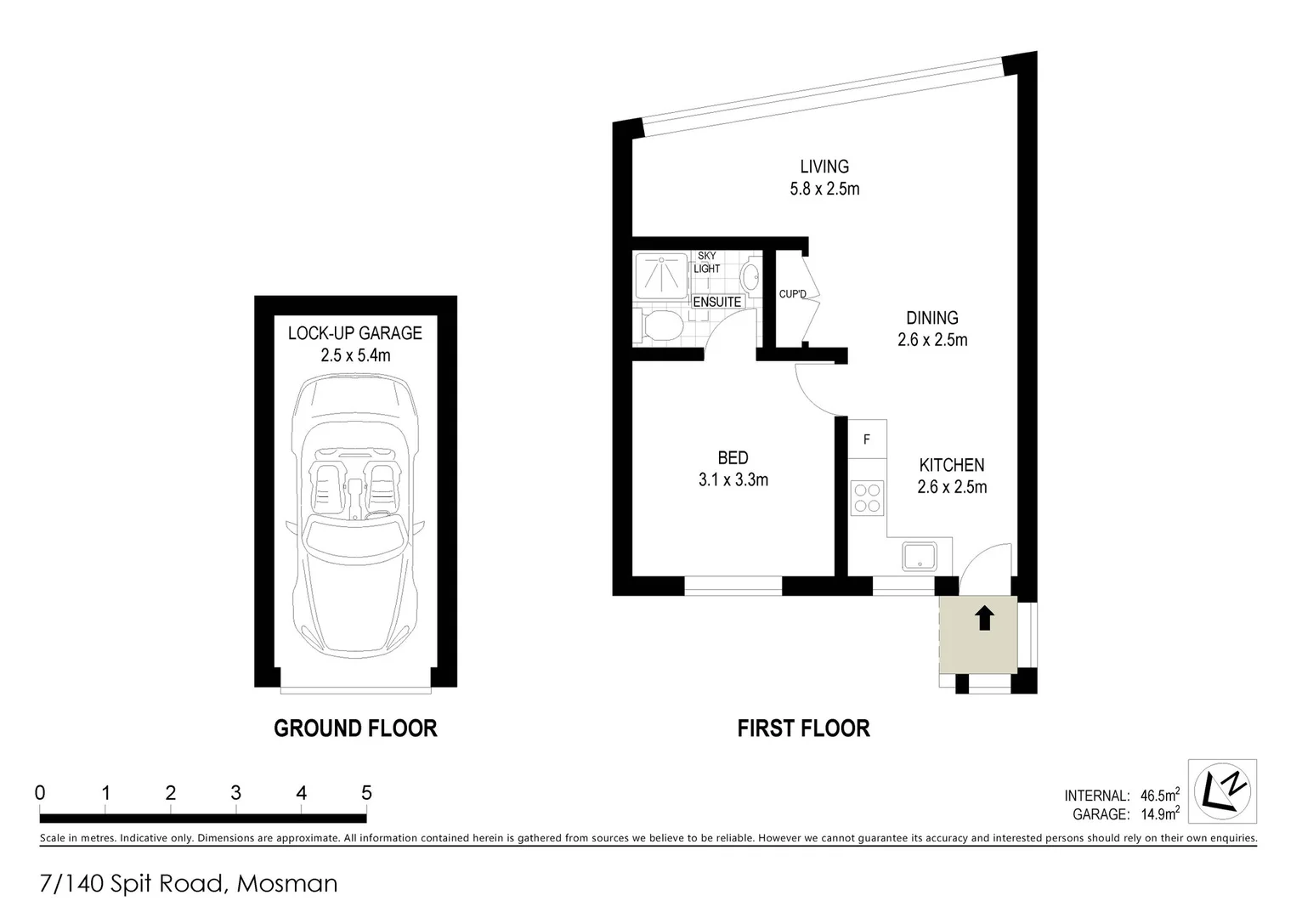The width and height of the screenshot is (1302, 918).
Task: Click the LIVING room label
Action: coord(824,167)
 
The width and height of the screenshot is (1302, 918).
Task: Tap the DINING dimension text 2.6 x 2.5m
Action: coord(932,340)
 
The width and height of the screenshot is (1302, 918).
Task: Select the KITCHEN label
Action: coord(952,465)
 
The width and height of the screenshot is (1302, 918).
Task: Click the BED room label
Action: coord(733,458)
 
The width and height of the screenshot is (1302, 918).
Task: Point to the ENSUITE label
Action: coord(717,302)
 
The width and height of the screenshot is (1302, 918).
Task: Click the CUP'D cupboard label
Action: coord(792,294)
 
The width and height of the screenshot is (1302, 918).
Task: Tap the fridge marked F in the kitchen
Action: coord(867,439)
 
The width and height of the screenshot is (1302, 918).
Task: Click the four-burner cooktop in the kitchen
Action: coord(867,497)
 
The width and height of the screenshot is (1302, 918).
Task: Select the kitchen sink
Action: coord(920,557)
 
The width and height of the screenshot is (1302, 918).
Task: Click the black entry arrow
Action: coord(984,618)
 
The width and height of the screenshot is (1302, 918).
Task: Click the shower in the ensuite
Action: coord(661,274)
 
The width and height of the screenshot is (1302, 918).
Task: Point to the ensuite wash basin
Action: coord(750,276)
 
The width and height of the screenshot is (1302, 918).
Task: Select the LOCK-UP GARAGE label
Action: coord(355,333)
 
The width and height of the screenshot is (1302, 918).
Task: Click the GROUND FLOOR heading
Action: coord(355,728)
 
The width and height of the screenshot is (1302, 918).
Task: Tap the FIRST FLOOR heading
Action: coord(803,728)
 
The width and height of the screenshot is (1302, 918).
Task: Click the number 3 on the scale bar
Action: coord(235,793)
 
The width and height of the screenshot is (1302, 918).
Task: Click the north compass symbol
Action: coord(1222,791)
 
